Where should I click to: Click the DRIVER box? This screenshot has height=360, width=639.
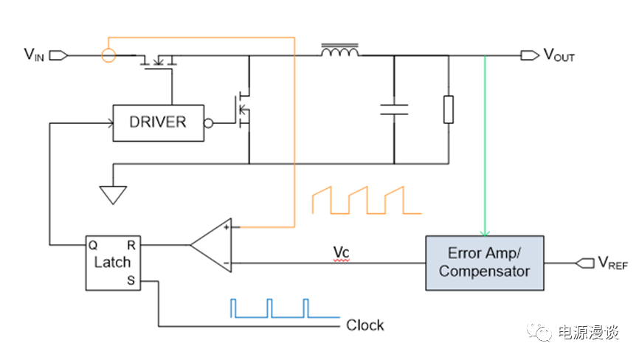[158, 122]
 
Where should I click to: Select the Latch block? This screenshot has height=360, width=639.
[112, 263]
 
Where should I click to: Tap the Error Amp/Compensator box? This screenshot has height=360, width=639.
[484, 263]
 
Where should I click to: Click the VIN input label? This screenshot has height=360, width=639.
[35, 54]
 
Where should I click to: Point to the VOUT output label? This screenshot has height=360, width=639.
[559, 55]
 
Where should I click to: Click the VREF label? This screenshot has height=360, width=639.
[612, 263]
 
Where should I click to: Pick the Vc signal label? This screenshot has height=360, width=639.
[340, 252]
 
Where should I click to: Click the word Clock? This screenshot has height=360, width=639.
[365, 325]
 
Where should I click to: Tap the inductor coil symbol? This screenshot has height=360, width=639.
[340, 52]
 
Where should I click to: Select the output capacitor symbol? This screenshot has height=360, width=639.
[394, 110]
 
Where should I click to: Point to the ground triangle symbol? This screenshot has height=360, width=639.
[112, 193]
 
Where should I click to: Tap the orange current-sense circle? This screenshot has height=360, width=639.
[108, 55]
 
